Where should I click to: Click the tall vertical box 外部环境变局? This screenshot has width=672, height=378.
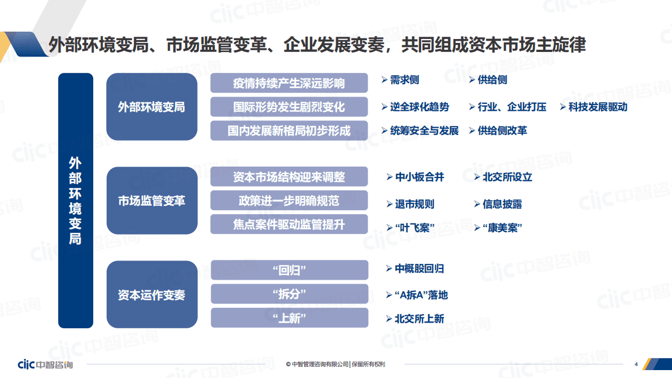click(75, 201)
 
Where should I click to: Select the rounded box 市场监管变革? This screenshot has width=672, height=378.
click(151, 201)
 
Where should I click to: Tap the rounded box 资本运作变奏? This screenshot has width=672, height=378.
click(151, 295)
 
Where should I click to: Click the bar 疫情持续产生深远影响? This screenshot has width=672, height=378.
click(289, 83)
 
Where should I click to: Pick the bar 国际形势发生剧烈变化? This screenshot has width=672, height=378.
click(289, 107)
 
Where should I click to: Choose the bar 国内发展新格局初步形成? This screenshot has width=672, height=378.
click(289, 131)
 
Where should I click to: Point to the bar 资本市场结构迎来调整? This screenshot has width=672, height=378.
click(289, 177)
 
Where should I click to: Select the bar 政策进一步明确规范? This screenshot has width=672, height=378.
click(289, 201)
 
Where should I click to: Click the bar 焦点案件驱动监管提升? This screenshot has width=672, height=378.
click(289, 224)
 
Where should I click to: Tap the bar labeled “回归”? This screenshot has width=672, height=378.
click(289, 270)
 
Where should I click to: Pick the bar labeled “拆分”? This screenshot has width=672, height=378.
click(289, 294)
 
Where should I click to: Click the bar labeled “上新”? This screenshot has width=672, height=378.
click(289, 318)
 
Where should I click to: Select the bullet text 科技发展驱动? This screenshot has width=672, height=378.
click(597, 107)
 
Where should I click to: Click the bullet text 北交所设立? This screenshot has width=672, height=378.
click(507, 177)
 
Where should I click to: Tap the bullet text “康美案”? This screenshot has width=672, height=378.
click(502, 228)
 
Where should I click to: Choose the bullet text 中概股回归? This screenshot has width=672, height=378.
click(419, 268)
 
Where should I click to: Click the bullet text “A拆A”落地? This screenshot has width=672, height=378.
click(421, 295)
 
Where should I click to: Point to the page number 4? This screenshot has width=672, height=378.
click(636, 364)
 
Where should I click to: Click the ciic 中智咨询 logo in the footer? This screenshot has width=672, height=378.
click(45, 364)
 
